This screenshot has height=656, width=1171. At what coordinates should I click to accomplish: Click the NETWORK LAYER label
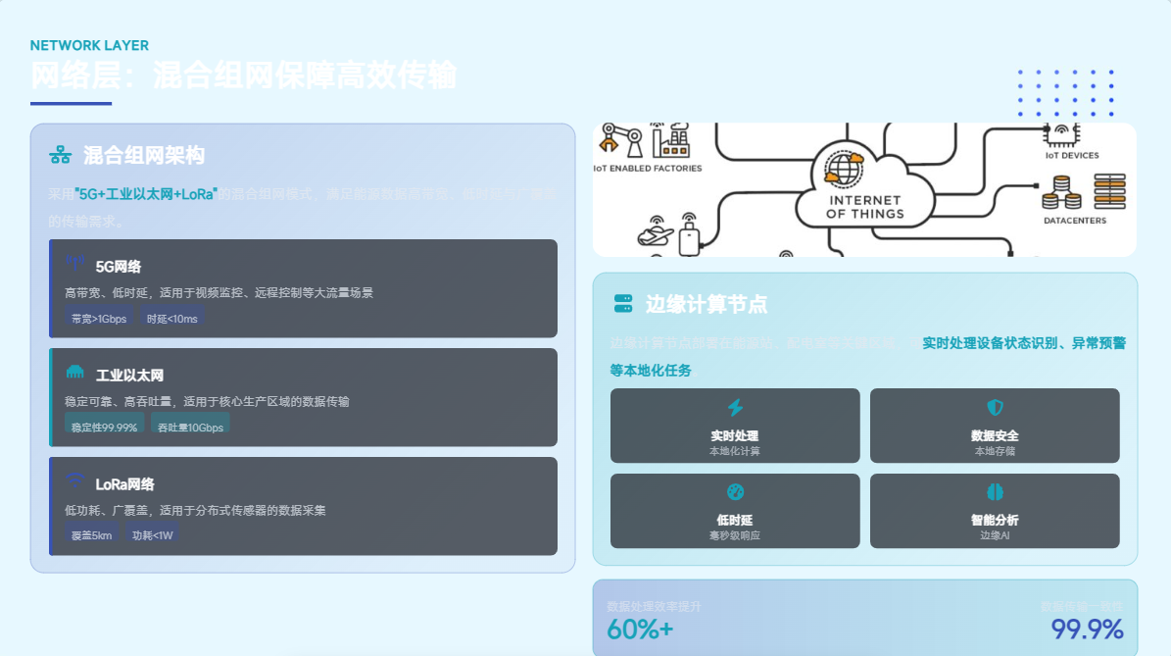click(89, 45)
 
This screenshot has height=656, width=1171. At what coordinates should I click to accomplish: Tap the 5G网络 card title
click(119, 267)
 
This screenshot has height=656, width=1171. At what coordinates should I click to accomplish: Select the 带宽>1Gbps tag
click(98, 319)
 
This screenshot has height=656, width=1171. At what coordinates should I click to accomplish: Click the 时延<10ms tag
click(171, 319)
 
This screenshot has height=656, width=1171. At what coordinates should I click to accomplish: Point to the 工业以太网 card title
click(129, 376)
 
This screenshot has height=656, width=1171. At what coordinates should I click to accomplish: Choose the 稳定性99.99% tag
click(104, 428)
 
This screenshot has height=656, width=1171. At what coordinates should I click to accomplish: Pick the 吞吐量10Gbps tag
click(190, 428)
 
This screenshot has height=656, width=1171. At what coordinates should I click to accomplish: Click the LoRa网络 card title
click(124, 484)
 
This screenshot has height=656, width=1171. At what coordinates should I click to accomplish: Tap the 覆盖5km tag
click(91, 535)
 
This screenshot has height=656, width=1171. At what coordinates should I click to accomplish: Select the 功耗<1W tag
click(152, 535)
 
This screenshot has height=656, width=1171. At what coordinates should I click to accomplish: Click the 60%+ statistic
click(640, 630)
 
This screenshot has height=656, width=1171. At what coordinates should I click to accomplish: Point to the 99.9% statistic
click(1087, 630)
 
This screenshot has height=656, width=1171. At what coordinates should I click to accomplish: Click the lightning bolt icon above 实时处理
click(735, 408)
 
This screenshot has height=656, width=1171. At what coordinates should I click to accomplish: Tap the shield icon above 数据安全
click(995, 408)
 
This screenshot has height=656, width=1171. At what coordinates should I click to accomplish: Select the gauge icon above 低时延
click(735, 492)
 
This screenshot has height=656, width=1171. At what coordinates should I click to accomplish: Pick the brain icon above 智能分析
click(995, 492)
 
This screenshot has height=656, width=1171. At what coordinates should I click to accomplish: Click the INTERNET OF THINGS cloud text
click(864, 207)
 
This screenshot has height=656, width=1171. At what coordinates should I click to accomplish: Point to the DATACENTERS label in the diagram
click(1075, 221)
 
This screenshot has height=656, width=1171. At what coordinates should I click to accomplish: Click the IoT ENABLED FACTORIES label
click(648, 169)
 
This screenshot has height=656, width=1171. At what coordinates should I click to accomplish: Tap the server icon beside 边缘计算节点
click(623, 304)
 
